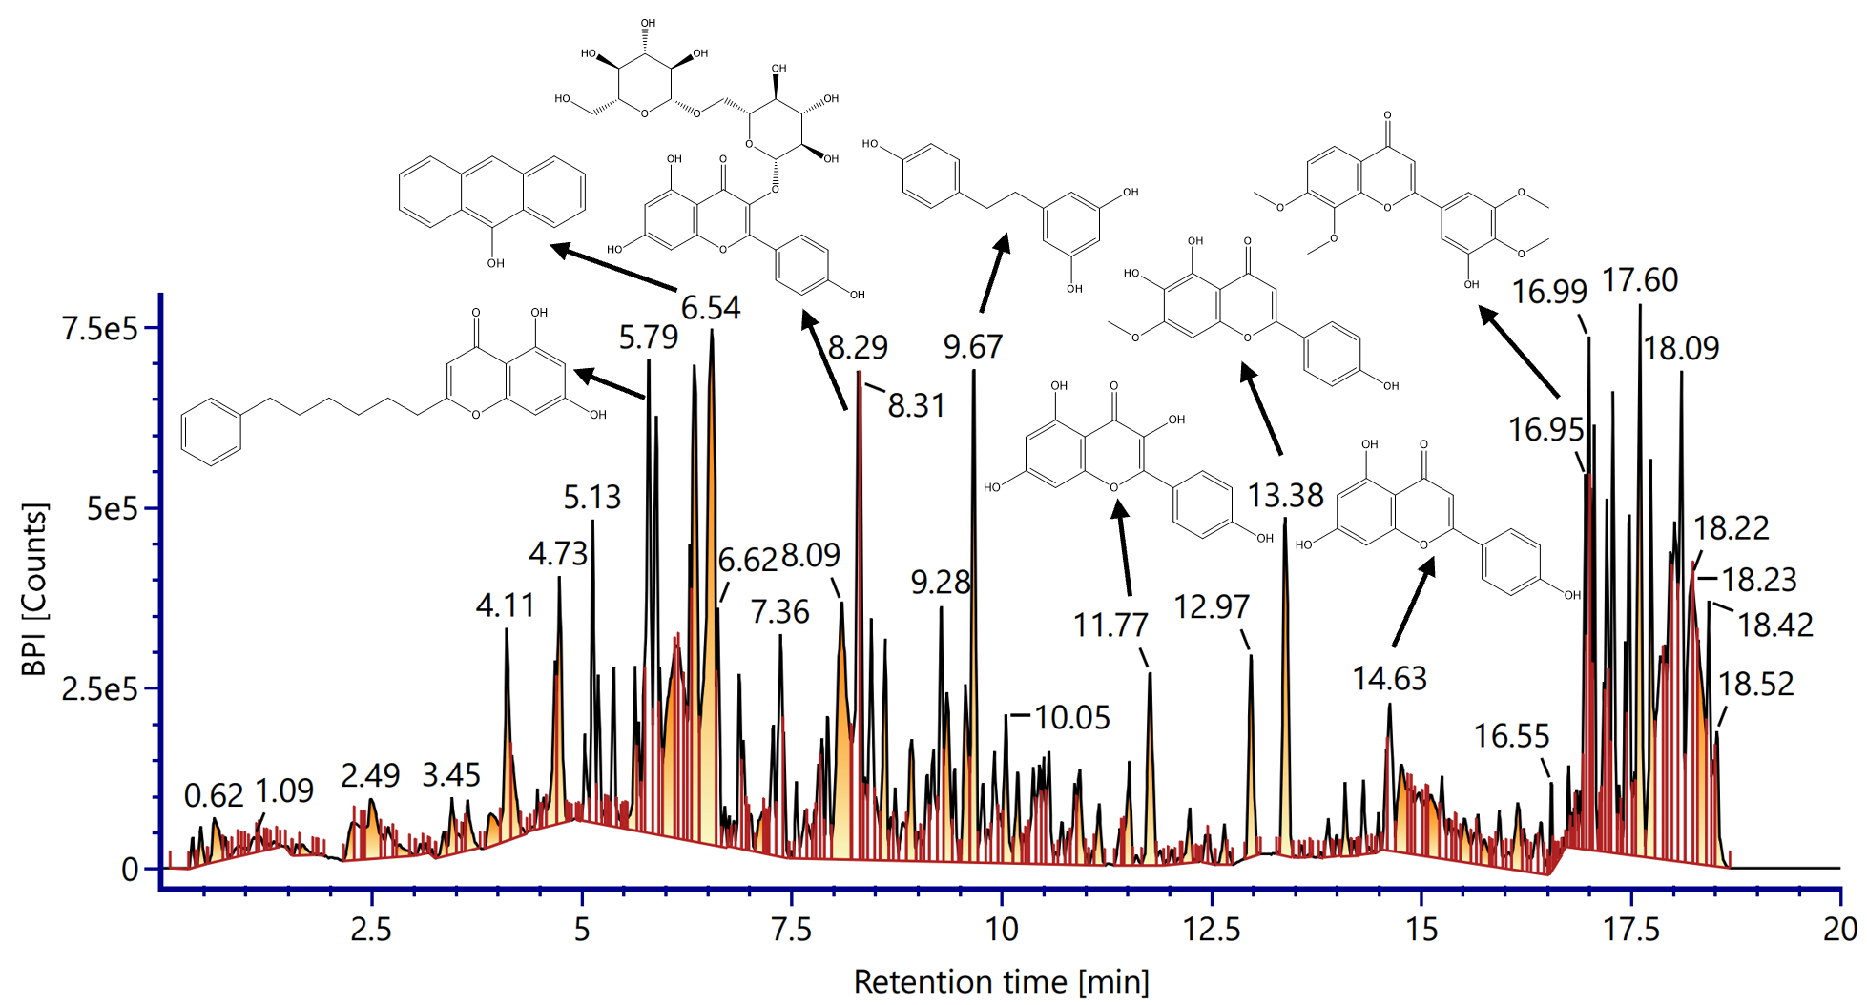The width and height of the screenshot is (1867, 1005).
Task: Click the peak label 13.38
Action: pyautogui.click(x=1286, y=496)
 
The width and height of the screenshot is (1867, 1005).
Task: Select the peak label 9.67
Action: pyautogui.click(x=973, y=347)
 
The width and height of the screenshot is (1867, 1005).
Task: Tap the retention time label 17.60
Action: pyautogui.click(x=1640, y=280)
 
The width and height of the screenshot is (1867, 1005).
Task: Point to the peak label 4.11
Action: pyautogui.click(x=506, y=605)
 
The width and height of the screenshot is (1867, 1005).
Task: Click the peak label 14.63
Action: pyautogui.click(x=1390, y=679)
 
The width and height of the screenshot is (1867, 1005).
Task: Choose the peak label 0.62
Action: pyautogui.click(x=214, y=795)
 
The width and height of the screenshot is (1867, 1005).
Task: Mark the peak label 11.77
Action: pyautogui.click(x=1110, y=626)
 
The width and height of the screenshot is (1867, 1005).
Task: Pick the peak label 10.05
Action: pyautogui.click(x=1072, y=718)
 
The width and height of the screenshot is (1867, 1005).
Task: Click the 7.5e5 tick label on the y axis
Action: pyautogui.click(x=100, y=329)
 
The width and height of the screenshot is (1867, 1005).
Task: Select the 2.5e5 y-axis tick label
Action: pyautogui.click(x=100, y=688)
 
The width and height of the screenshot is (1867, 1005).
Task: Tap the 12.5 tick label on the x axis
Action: pyautogui.click(x=1212, y=929)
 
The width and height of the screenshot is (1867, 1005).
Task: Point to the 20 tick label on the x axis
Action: pyautogui.click(x=1840, y=929)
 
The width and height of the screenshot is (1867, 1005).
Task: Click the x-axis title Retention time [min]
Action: pyautogui.click(x=1002, y=982)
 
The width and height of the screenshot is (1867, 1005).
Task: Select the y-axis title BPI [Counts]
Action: pyautogui.click(x=34, y=589)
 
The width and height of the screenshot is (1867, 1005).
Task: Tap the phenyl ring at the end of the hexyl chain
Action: pyautogui.click(x=211, y=431)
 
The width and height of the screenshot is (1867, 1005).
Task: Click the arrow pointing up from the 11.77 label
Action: pyautogui.click(x=1124, y=547)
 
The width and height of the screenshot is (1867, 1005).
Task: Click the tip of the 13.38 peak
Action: pyautogui.click(x=1285, y=519)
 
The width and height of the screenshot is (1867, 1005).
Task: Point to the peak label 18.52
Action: pyautogui.click(x=1756, y=685)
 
